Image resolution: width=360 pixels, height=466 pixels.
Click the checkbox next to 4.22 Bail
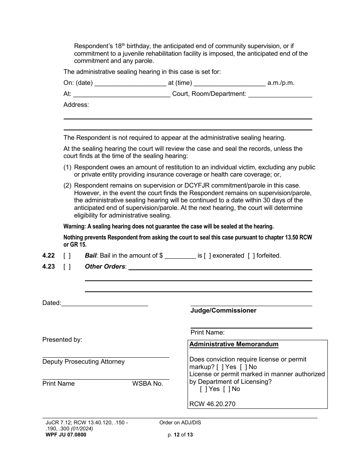point(67,256)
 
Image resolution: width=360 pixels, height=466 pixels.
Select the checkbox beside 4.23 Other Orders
point(67,267)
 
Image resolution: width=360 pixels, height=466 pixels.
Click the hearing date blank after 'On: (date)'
point(130,83)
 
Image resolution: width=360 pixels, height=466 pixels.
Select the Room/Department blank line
point(280,94)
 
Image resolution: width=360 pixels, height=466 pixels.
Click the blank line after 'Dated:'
point(105,303)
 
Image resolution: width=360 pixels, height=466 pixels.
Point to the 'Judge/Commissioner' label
point(223,311)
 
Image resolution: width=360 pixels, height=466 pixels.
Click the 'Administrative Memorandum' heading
point(234,344)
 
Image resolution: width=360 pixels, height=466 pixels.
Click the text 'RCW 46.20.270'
point(212,404)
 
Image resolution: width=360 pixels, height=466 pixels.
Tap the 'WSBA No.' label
point(147,384)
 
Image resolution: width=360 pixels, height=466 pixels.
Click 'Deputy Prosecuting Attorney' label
point(83,362)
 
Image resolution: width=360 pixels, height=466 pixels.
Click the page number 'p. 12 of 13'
point(180,435)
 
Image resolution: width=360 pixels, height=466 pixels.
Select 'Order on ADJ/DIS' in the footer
point(180,423)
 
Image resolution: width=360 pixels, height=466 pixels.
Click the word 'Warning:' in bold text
point(75,227)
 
